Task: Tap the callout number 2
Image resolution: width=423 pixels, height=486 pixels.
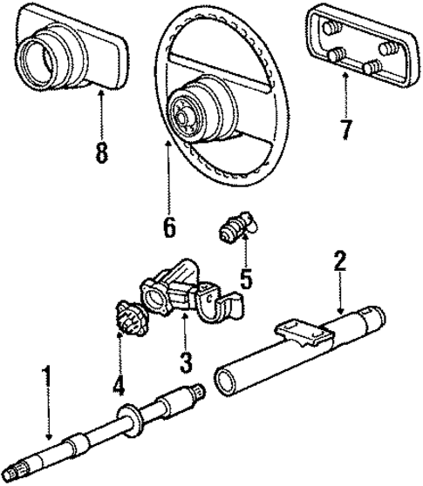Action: pyautogui.click(x=338, y=260)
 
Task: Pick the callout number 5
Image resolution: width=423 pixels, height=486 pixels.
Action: pyautogui.click(x=247, y=280)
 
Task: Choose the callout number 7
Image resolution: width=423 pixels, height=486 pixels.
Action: pyautogui.click(x=346, y=131)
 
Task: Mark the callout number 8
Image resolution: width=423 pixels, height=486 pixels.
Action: pyautogui.click(x=101, y=153)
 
